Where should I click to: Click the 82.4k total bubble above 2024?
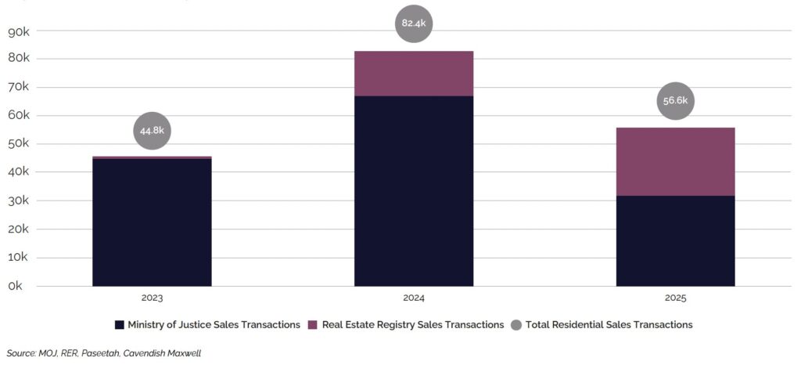(x=413, y=23)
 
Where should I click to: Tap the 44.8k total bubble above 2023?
(x=152, y=131)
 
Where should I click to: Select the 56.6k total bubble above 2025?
(x=675, y=101)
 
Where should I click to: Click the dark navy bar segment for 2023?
(x=152, y=222)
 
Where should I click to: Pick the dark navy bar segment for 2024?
(x=413, y=190)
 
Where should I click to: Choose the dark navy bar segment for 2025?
(x=675, y=240)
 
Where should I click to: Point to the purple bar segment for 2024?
(x=413, y=74)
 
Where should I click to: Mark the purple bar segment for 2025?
(x=675, y=161)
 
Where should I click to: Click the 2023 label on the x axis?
(x=152, y=298)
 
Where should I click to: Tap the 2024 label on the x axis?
(x=413, y=298)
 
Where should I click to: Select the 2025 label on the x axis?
(x=675, y=298)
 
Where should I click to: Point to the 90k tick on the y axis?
(x=19, y=31)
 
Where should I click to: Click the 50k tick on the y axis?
(x=19, y=144)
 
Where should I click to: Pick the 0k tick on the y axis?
(x=16, y=287)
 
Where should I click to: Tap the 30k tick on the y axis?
(x=19, y=201)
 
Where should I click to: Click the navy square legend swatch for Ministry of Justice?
(x=120, y=324)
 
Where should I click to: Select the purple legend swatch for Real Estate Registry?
(x=313, y=324)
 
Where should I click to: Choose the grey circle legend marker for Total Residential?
(x=515, y=324)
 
